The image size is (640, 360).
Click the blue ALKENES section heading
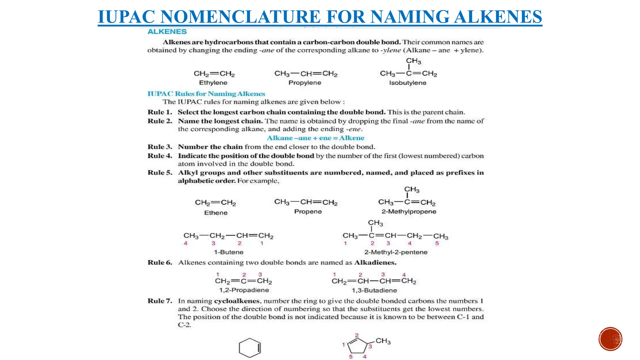pyautogui.click(x=167, y=32)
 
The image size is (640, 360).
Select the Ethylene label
pyautogui.click(x=213, y=83)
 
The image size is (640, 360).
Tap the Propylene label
pyautogui.click(x=305, y=83)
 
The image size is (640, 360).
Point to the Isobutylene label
pyautogui.click(x=407, y=83)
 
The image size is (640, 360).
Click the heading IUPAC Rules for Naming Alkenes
pyautogui.click(x=206, y=94)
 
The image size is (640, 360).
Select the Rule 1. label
pyautogui.click(x=160, y=112)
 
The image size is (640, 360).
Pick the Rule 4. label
pyautogui.click(x=160, y=156)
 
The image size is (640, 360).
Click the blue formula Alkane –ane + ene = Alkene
pyautogui.click(x=315, y=138)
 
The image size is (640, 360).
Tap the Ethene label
pyautogui.click(x=216, y=213)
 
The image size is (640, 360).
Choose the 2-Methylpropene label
pyautogui.click(x=409, y=212)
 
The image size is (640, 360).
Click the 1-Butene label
pyautogui.click(x=228, y=252)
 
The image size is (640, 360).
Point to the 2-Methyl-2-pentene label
pyautogui.click(x=396, y=252)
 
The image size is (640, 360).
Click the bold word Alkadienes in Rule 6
pyautogui.click(x=375, y=263)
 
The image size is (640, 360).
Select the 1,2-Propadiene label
pyautogui.click(x=244, y=290)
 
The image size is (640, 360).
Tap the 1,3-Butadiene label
pyautogui.click(x=374, y=291)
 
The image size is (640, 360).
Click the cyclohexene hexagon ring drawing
pyautogui.click(x=250, y=348)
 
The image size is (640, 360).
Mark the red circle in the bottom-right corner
pyautogui.click(x=610, y=339)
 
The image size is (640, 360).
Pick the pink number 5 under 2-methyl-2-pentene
pyautogui.click(x=437, y=243)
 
